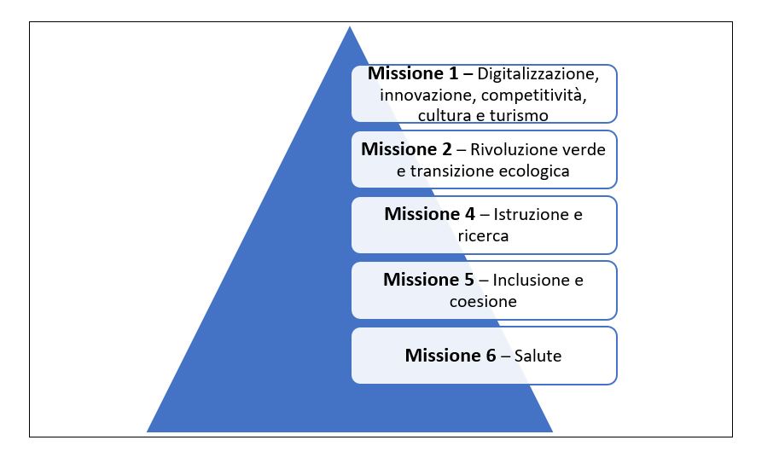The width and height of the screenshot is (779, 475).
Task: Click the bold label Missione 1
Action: click(413, 73)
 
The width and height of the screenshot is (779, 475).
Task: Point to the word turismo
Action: click(519, 116)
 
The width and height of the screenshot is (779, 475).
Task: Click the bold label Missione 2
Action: click(406, 149)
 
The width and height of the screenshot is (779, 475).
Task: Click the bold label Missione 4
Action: click(430, 214)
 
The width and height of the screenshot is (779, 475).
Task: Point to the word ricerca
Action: click(484, 235)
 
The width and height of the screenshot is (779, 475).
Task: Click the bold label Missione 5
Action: click(428, 280)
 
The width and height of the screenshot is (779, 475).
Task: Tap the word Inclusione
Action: click(531, 280)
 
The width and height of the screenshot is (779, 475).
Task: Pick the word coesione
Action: click(484, 301)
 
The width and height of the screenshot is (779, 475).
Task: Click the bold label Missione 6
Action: click(451, 356)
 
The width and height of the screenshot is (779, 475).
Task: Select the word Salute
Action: click(538, 356)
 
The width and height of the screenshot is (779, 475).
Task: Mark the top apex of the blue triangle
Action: click(350, 26)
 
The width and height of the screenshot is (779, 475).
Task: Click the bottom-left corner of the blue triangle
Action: click(147, 432)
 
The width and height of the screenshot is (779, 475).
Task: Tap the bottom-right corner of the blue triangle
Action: click(552, 432)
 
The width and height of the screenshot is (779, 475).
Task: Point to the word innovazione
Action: click(427, 96)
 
